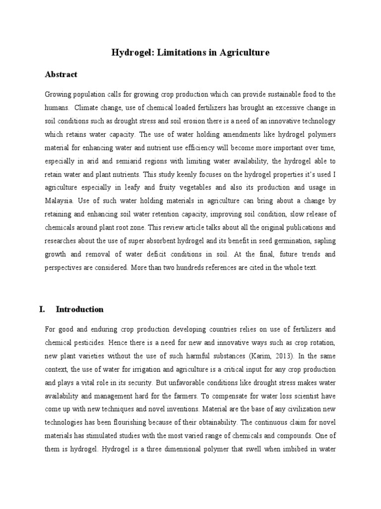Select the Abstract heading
pos(61,75)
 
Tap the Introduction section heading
pos(80,309)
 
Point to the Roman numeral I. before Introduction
pos(42,309)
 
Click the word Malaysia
pos(59,201)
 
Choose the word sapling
pos(322,241)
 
